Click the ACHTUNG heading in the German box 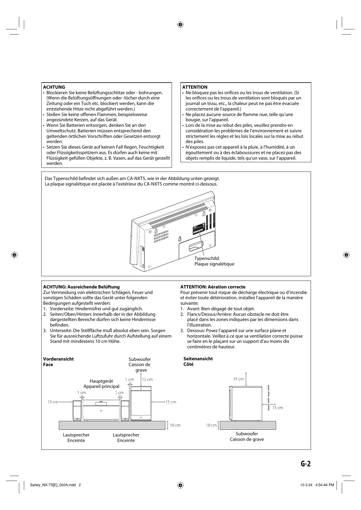coord(54,87)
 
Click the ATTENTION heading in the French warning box coord(195,87)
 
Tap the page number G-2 coord(305,464)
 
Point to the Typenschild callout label coord(207,258)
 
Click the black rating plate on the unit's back coord(199,230)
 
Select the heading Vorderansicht coord(58,359)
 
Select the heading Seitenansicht coord(198,359)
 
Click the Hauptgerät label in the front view coord(101,381)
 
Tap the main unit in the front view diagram coord(101,410)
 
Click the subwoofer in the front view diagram coord(141,404)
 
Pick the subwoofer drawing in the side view coord(246,403)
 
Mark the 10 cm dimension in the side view coord(211,425)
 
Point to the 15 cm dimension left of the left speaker coord(53,402)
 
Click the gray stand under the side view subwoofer coord(248,425)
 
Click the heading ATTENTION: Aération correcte coord(213,287)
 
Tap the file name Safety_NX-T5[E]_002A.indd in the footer coord(53,485)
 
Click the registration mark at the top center coord(180,25)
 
